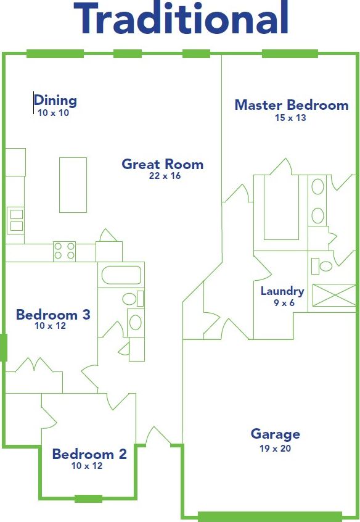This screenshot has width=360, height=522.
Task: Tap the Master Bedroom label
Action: click(x=291, y=105)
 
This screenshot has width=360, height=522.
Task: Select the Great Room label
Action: click(x=162, y=164)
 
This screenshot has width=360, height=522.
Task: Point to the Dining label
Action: click(x=55, y=100)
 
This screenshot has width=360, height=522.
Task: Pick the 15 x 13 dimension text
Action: click(x=290, y=117)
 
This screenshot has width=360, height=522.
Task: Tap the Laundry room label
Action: click(x=282, y=291)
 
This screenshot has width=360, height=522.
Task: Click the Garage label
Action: click(x=275, y=434)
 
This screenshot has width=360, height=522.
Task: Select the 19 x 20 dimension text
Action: click(x=275, y=449)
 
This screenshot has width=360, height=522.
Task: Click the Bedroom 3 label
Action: click(x=53, y=315)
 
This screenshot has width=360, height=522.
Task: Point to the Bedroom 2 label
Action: click(x=89, y=455)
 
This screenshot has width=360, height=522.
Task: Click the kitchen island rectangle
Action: click(x=73, y=184)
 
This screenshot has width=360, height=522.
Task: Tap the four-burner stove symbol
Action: click(x=64, y=251)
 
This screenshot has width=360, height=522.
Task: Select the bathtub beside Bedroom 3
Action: click(x=121, y=275)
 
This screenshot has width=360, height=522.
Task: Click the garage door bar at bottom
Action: click(x=270, y=516)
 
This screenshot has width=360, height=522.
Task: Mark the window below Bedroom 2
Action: click(x=88, y=499)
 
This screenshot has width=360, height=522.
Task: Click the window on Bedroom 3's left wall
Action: click(x=3, y=348)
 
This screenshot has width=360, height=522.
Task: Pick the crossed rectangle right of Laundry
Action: click(x=334, y=295)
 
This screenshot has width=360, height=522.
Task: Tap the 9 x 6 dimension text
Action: click(x=282, y=303)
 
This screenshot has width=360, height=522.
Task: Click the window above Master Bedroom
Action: click(x=290, y=54)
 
